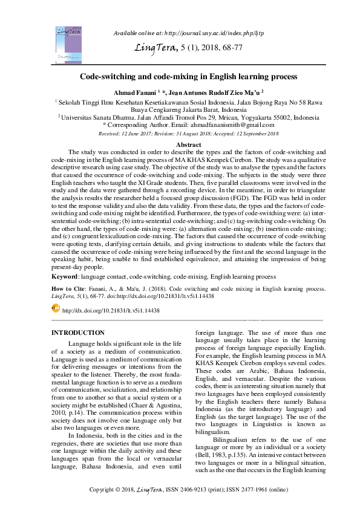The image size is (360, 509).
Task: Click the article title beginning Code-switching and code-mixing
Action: pos(188,77)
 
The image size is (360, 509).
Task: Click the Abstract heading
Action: pos(188,144)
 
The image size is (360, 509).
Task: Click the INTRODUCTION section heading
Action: pos(78,333)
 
